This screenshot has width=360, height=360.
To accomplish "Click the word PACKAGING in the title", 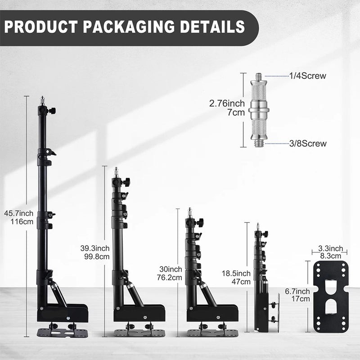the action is tap(129, 27).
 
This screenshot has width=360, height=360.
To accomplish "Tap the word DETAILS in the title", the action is tap(212, 27).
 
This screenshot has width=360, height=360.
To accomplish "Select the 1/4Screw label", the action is tap(307, 76).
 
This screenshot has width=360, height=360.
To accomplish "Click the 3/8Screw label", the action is tap(308, 144).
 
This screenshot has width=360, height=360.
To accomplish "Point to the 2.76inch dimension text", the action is tap(227, 103).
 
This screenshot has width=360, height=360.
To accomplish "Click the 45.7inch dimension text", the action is tap(18, 213).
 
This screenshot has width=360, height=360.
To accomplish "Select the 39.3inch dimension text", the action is tap(95, 248).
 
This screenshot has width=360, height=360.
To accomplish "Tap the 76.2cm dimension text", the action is tap(170, 278).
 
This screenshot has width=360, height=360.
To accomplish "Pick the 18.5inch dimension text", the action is tap(236, 274).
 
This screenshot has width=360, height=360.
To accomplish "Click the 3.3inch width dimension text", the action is tap(330, 248).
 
